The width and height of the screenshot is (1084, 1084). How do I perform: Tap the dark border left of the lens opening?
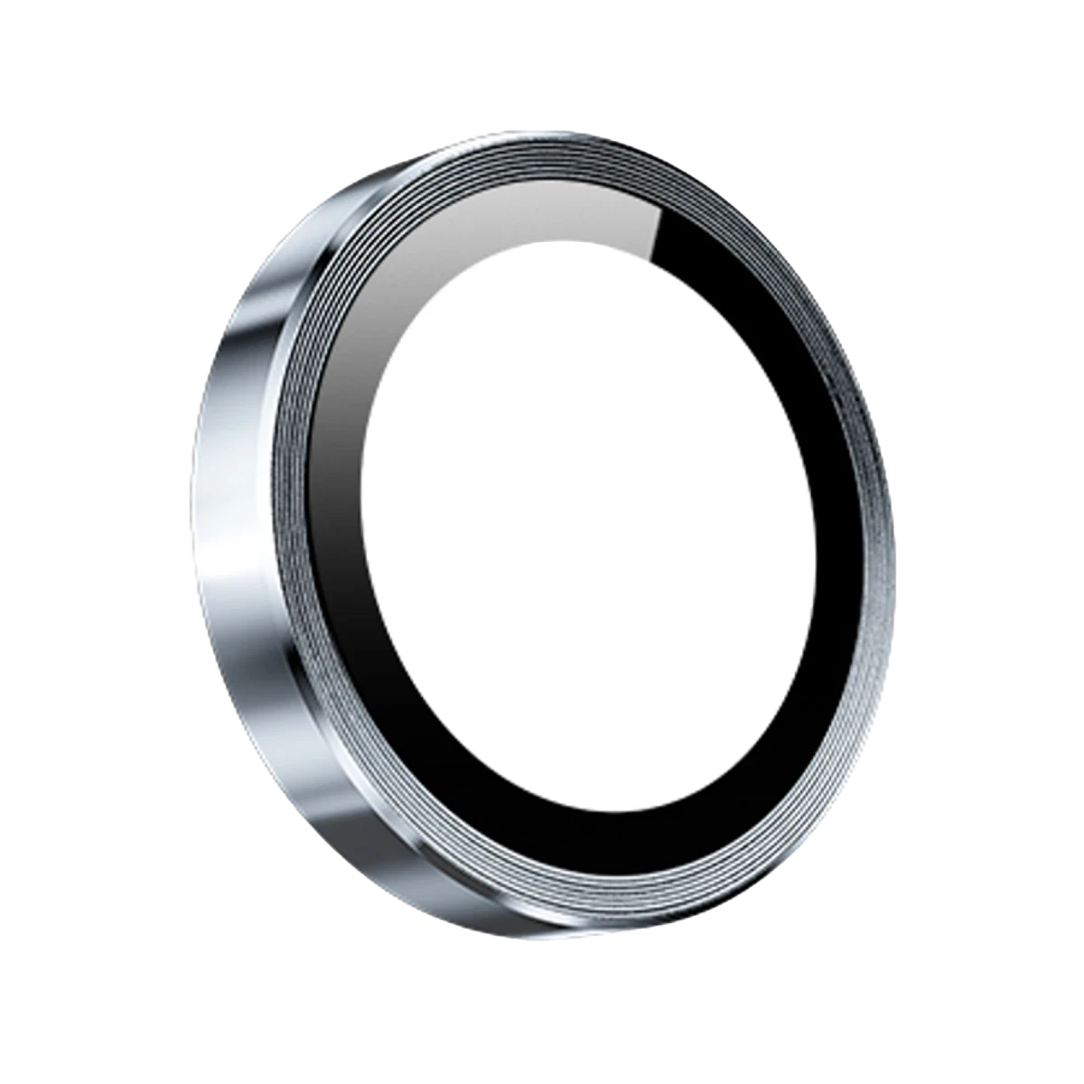(339, 542)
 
